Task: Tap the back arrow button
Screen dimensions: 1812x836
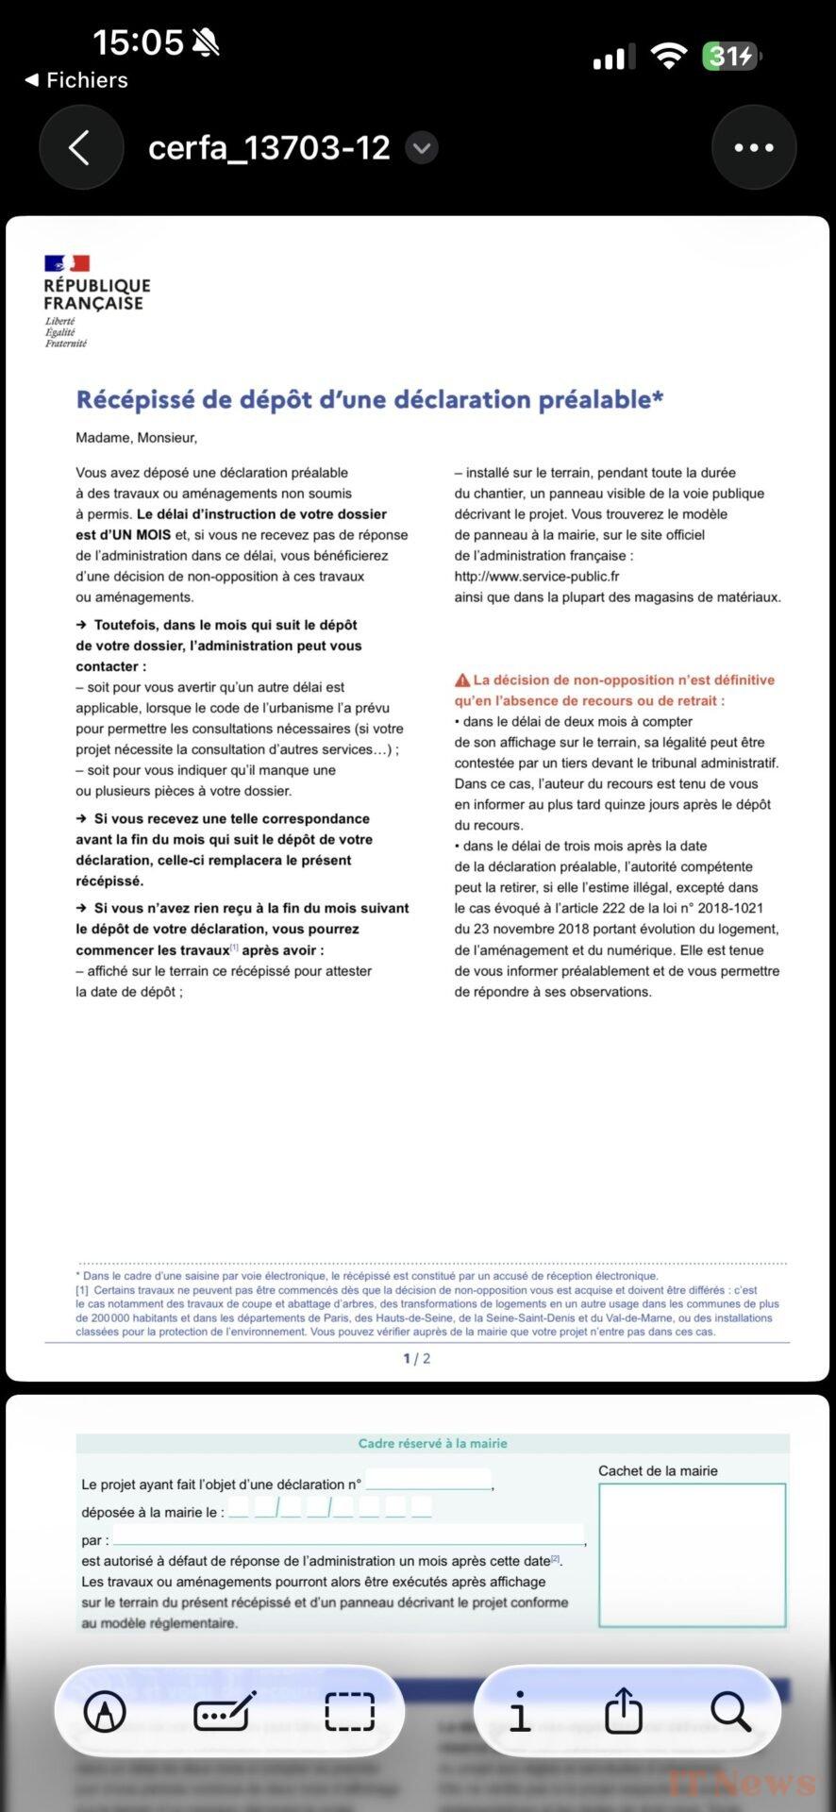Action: coord(80,147)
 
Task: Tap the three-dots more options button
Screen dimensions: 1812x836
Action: coord(753,147)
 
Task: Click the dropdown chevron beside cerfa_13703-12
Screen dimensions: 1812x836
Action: coord(422,147)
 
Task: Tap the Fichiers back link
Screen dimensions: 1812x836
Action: coord(77,80)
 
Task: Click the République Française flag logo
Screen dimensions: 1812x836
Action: coord(67,263)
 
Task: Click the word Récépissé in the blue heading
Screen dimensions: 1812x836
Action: coord(135,400)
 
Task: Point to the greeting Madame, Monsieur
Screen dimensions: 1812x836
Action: coord(136,438)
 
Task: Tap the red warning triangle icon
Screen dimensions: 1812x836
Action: coord(462,680)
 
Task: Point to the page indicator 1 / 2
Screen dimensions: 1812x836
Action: coord(416,1359)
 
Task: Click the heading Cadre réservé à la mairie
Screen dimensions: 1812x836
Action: coord(432,1443)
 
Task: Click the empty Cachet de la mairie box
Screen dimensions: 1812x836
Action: coord(692,1554)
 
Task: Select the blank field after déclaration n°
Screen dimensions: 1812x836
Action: coord(428,1480)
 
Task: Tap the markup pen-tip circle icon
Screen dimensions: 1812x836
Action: coord(105,1711)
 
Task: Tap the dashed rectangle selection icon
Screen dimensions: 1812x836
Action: coord(349,1711)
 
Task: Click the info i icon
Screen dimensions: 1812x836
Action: coord(519,1711)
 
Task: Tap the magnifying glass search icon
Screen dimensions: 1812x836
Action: coord(730,1711)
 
